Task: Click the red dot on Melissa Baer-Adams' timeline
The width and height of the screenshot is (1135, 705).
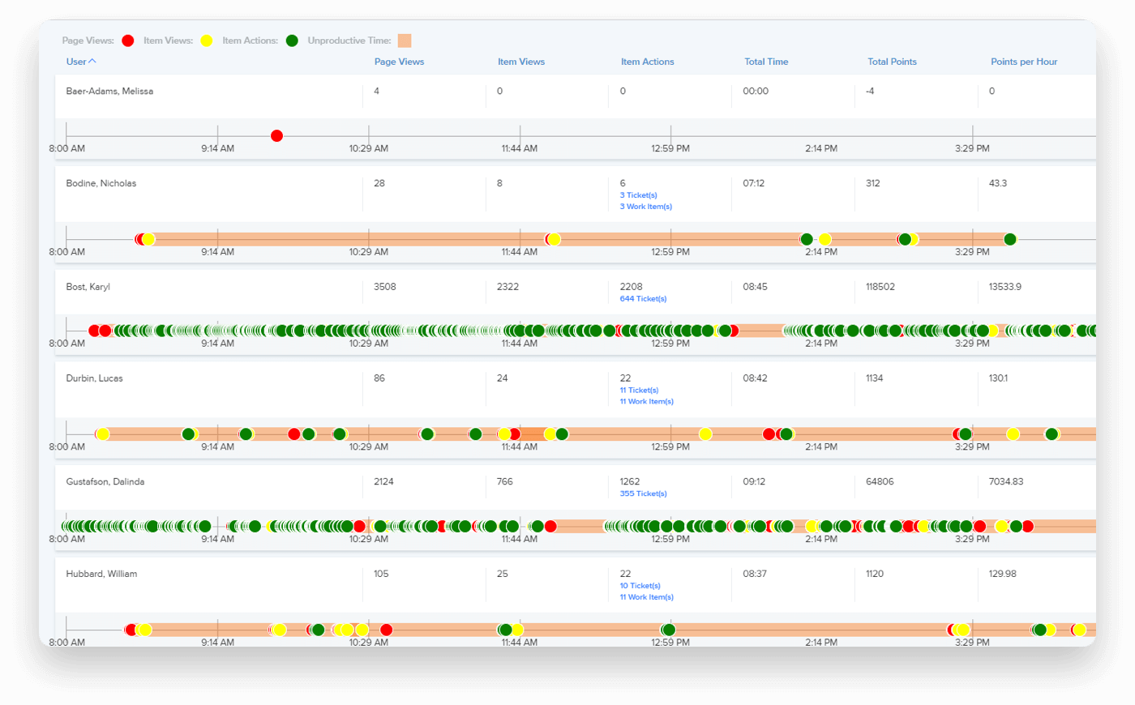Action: [x=276, y=135]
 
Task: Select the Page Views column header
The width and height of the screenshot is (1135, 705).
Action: [x=399, y=62]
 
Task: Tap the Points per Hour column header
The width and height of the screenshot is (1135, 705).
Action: [x=1024, y=62]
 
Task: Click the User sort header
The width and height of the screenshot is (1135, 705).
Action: [x=80, y=62]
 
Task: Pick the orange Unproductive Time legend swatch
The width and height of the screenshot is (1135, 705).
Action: [x=405, y=41]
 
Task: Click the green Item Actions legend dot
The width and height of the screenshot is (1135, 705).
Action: [x=292, y=41]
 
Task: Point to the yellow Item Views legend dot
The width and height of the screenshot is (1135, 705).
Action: [x=207, y=41]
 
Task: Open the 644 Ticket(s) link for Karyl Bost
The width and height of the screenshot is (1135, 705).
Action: [x=643, y=299]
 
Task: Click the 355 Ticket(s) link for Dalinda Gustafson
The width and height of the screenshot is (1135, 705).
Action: [x=643, y=493]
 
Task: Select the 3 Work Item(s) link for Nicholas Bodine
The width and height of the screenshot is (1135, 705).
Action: [x=645, y=207]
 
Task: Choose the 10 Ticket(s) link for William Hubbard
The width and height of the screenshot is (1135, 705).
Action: [x=640, y=586]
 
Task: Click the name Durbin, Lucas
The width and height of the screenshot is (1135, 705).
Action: [x=94, y=378]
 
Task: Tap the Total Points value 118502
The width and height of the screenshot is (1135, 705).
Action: [x=880, y=287]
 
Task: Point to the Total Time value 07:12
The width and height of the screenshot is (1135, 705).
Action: [x=753, y=183]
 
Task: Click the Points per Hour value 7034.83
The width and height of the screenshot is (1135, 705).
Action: [x=1005, y=481]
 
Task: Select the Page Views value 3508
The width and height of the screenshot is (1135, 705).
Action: [x=384, y=287]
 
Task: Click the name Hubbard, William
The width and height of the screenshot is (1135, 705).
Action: [x=101, y=574]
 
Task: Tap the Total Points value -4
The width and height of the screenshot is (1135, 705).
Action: [x=870, y=91]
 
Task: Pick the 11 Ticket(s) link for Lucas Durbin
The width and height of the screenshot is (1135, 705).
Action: [x=639, y=391]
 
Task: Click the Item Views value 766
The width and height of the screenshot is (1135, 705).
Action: [x=504, y=481]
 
